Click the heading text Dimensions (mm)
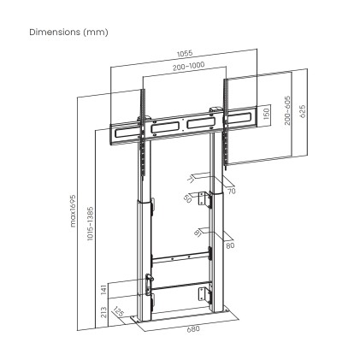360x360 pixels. click(69, 32)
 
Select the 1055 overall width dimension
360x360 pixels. click(184, 54)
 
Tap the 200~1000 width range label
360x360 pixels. click(188, 65)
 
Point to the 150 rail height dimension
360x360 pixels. click(266, 115)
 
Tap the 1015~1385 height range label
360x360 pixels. click(91, 223)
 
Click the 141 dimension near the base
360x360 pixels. click(103, 289)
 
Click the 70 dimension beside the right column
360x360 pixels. click(231, 192)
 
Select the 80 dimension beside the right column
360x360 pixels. click(229, 245)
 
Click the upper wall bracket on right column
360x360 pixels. click(204, 199)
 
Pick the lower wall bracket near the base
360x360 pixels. click(204, 292)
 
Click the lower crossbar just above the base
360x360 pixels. click(178, 285)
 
